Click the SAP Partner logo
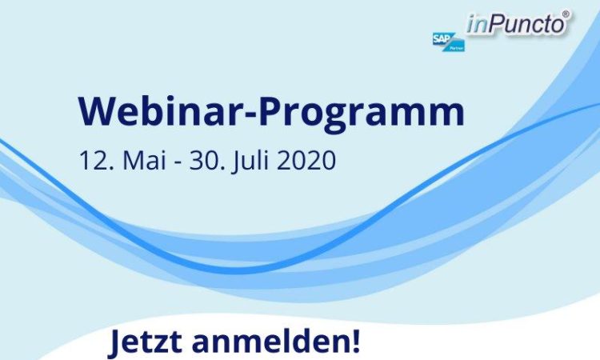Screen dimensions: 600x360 coord(449,42)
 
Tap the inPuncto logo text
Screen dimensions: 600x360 coord(516,25)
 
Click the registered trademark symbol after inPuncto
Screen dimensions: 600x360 coord(566,14)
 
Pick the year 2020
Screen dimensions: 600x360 coord(306,160)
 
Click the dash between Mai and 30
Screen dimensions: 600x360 coord(177,163)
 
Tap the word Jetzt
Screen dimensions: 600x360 coord(146,342)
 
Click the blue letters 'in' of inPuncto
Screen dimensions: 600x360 coord(477,26)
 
